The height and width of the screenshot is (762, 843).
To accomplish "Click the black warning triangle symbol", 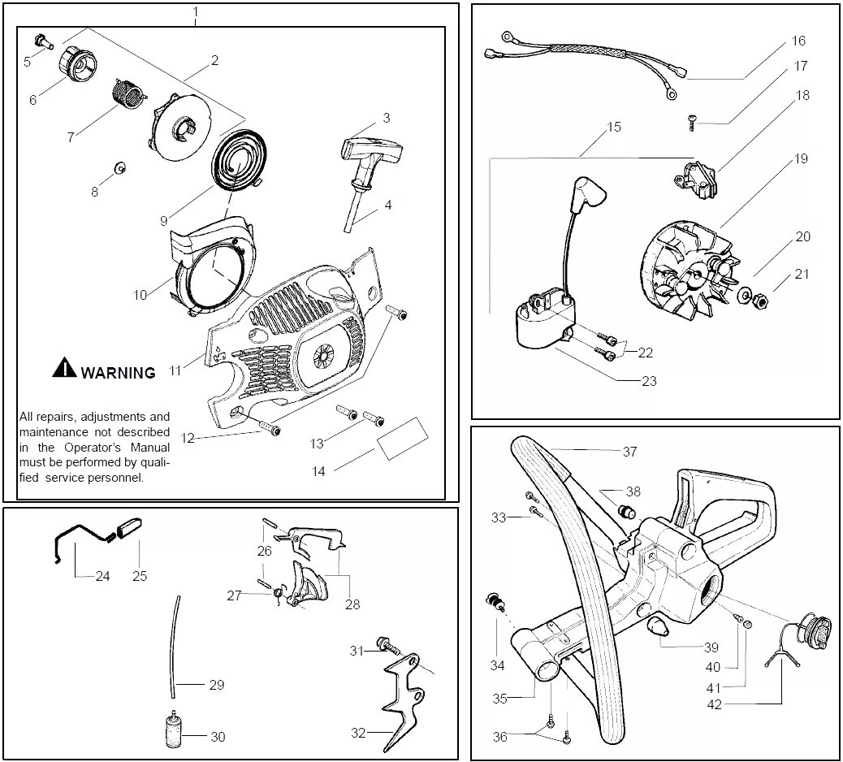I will [x=64, y=368].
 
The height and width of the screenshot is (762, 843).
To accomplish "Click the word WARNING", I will [x=118, y=373].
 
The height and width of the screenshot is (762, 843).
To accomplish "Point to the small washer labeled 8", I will [x=119, y=167].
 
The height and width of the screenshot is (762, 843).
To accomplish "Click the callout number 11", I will [x=175, y=370].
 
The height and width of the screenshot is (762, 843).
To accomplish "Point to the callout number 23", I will [x=649, y=380].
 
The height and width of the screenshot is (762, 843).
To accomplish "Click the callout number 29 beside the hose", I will [x=216, y=685].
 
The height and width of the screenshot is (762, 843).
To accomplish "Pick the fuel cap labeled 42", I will [x=815, y=630].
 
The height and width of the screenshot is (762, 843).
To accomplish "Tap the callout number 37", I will [x=629, y=452].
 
